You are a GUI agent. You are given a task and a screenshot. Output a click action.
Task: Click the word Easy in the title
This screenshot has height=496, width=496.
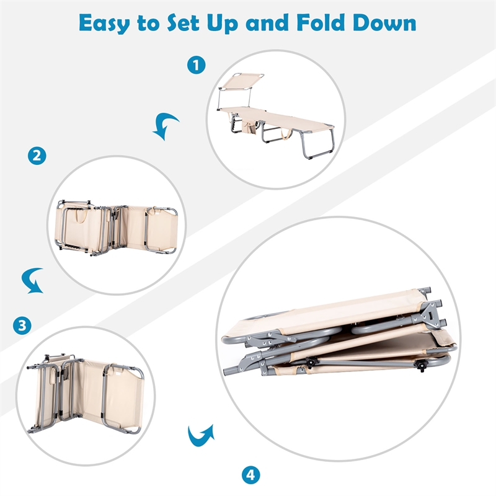104,24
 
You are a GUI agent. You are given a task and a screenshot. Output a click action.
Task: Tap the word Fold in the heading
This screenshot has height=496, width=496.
321,23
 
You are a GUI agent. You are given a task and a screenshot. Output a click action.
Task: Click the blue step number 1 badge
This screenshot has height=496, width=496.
196,65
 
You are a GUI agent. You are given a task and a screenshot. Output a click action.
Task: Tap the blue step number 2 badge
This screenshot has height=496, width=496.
37,156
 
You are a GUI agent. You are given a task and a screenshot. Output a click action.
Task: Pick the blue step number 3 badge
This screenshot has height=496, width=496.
22,325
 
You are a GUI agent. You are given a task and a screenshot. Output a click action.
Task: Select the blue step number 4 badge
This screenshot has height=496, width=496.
251,475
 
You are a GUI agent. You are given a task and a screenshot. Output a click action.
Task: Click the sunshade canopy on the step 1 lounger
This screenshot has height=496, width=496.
242,81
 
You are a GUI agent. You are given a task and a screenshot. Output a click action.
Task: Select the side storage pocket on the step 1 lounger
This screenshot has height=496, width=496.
249,127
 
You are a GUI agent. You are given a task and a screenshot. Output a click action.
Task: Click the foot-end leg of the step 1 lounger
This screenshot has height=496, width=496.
317,144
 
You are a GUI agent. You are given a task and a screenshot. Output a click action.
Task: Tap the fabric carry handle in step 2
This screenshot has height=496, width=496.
82,216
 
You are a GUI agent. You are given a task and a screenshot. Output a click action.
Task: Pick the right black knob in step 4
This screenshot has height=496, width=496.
421,366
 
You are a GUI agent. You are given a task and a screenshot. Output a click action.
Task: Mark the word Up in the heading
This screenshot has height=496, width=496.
222,24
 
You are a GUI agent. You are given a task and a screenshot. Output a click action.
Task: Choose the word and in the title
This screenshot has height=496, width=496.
267,23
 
